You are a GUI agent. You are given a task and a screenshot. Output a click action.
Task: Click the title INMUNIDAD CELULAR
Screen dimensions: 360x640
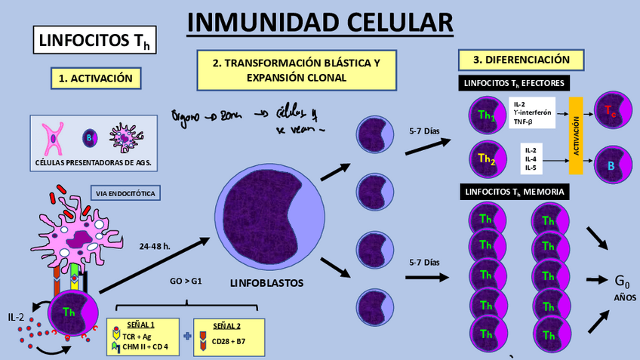[320, 23]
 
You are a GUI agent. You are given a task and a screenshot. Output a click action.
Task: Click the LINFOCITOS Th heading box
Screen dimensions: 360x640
[95, 40]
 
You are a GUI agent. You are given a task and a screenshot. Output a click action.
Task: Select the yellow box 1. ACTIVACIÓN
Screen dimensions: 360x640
[96, 77]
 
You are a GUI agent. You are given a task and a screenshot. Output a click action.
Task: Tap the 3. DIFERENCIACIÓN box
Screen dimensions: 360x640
[522, 60]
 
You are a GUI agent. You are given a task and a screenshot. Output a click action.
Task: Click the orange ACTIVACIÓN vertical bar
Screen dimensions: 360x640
[576, 135]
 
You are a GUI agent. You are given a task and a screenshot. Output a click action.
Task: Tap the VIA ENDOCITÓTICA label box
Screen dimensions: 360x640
[126, 193]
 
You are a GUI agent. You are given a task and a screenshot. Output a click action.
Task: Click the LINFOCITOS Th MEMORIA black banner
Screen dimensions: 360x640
[514, 192]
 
